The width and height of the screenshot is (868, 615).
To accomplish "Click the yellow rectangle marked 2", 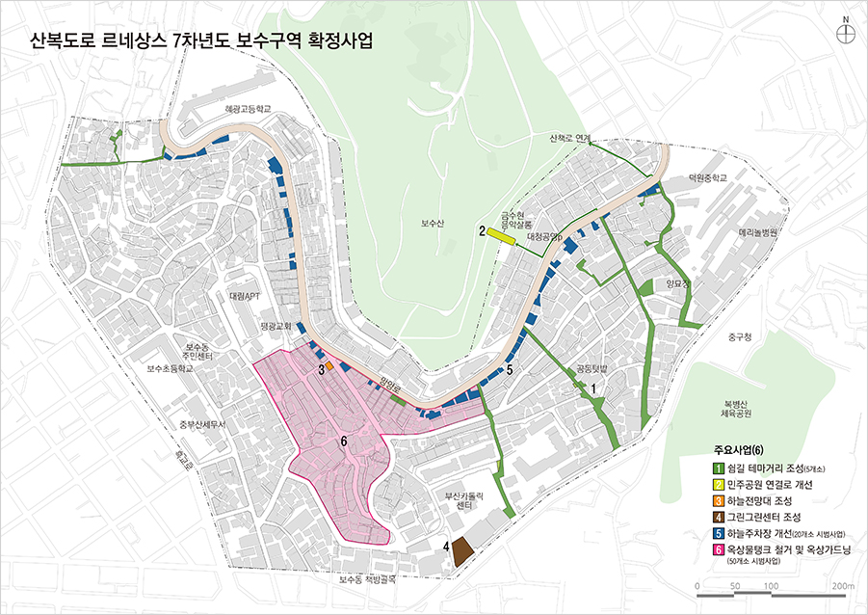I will (x=501, y=234).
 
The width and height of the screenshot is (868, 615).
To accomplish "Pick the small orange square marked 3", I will (x=329, y=367).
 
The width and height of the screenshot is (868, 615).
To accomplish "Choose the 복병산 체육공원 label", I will (x=741, y=408).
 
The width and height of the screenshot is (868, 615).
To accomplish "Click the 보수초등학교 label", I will (x=171, y=369).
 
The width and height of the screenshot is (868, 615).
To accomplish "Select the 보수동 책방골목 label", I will (x=367, y=580).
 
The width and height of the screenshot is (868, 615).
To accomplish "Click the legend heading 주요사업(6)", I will (x=738, y=450).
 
